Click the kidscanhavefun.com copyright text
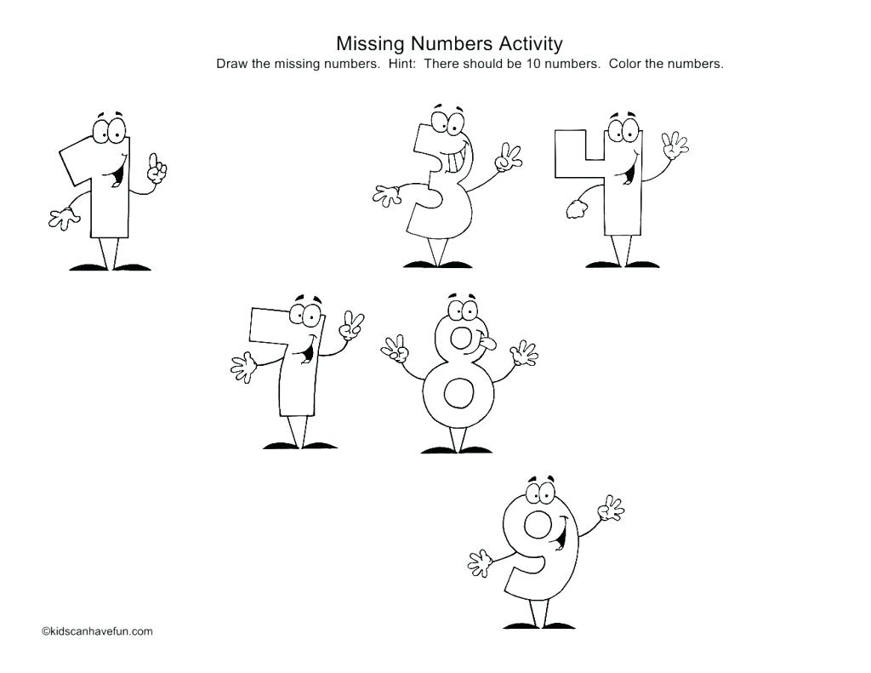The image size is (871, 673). pos(98,631)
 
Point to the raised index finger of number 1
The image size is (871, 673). pos(154,160)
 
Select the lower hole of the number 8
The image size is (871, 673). pos(459,394)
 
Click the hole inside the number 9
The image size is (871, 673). pos(538,524)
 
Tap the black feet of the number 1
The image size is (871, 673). pos(111,267)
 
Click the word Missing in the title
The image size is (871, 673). pos(369,43)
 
